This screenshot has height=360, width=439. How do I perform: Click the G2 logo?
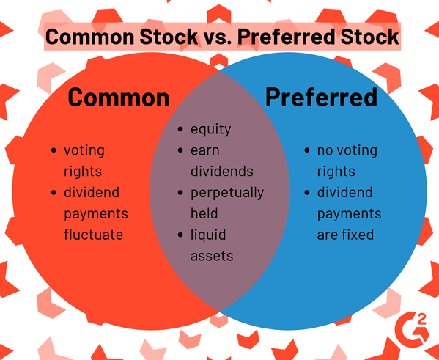pos(412,330)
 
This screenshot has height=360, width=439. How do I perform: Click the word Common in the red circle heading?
pos(119,98)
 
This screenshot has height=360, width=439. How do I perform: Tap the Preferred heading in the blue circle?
pos(322,98)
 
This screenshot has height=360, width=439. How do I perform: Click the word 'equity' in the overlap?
pos(211,130)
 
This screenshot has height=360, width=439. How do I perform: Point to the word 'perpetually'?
pos(227,193)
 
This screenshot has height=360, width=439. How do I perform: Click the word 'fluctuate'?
pos(94,234)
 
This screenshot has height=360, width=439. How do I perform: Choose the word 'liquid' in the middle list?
pos(208,235)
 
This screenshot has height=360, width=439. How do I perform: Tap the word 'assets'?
pos(212,256)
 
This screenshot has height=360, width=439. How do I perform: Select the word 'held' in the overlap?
pos(204,213)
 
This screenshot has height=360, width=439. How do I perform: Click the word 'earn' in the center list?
pos(205,151)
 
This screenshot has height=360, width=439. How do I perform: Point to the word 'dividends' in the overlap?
pos(222,171)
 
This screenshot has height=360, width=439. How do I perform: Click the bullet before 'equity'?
pos(180,129)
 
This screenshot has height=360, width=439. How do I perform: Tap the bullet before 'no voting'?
pos(307,150)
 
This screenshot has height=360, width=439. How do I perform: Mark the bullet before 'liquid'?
pos(180,235)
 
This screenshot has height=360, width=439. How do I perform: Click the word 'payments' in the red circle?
pos(96,214)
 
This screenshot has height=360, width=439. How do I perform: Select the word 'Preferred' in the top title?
pos(287,37)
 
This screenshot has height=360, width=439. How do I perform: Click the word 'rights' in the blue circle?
pos(336,172)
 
